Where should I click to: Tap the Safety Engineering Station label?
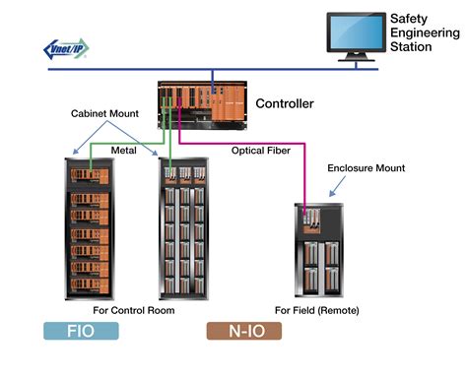[x=422, y=32]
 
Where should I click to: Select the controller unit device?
[x=202, y=104]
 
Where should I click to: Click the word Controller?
[x=285, y=103]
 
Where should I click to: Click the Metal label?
[x=122, y=151]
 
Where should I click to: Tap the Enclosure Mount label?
[x=366, y=168]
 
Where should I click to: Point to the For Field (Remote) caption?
[x=317, y=310]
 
